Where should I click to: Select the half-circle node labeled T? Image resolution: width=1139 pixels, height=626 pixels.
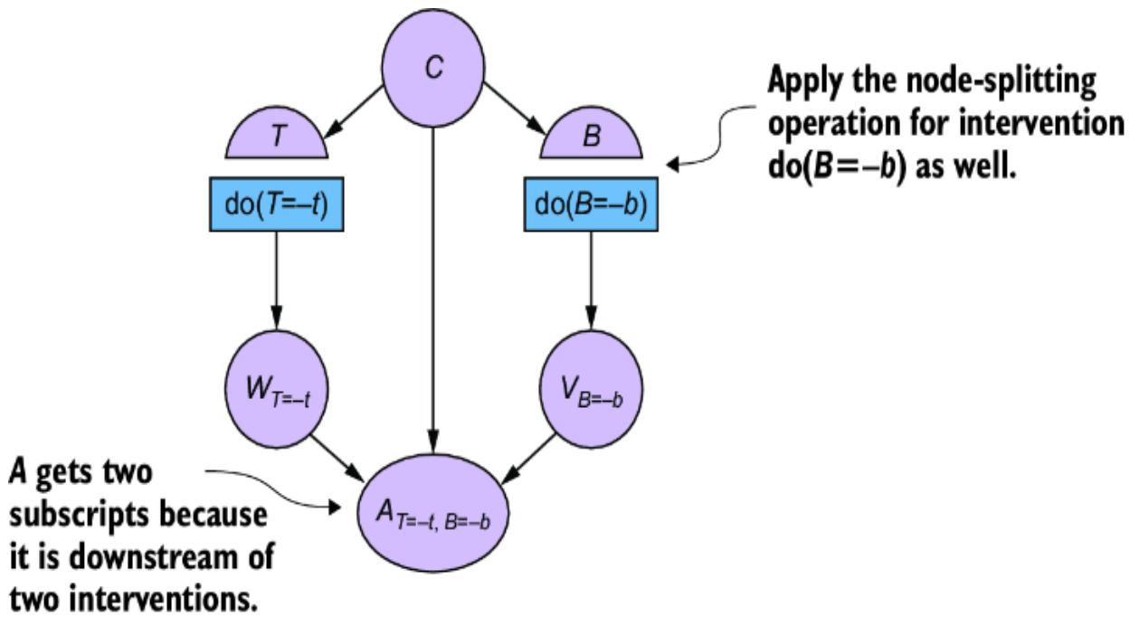tap(277, 140)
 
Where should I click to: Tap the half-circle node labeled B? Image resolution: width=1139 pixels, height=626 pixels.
tap(592, 140)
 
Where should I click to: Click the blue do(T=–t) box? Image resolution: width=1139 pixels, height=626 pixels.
tap(277, 196)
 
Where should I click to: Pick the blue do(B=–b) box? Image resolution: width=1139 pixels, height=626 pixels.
tap(592, 196)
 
